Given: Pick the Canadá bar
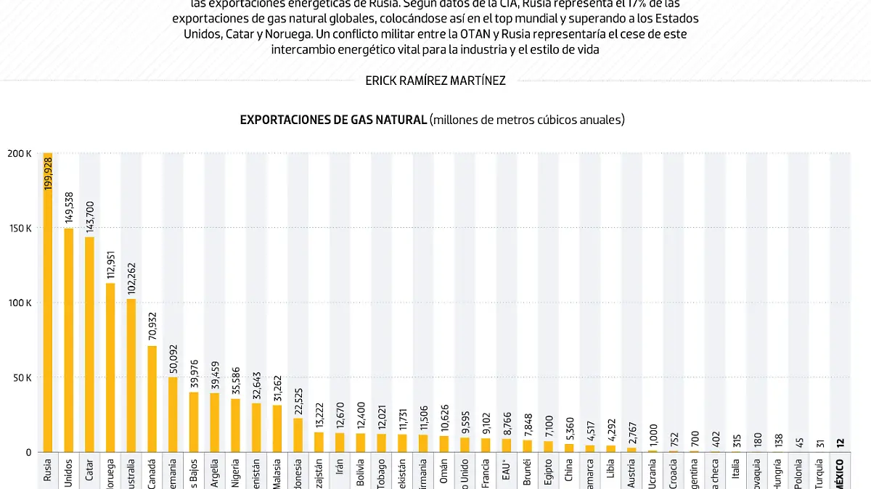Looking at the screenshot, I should [152, 398].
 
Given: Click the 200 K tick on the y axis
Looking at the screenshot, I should [20, 153].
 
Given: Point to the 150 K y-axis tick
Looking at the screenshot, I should [20, 228].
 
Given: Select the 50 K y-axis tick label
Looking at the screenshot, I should [22, 377].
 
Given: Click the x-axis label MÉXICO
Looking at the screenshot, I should [840, 474].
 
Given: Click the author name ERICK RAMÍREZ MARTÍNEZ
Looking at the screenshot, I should [435, 81].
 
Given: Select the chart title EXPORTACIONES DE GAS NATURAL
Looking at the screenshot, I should [333, 120].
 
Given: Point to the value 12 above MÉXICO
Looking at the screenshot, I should [840, 443].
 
